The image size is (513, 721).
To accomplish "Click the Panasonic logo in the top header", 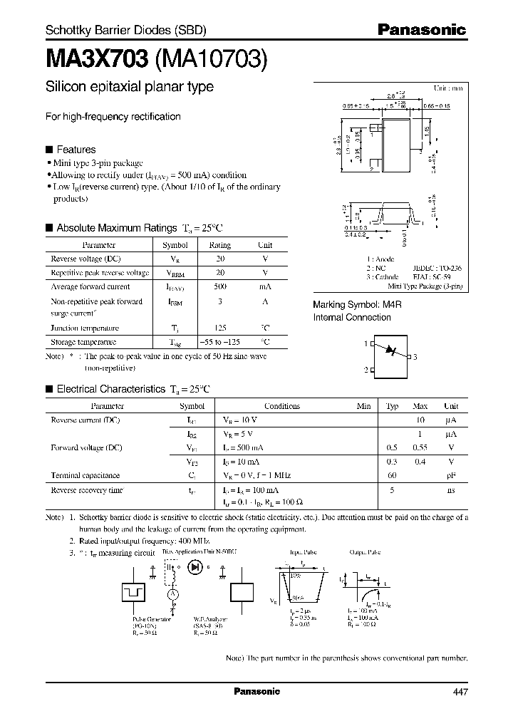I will tap(420, 29).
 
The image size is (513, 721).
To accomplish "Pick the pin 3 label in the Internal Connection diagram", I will tap(415, 356).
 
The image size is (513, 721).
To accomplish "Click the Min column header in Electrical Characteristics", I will tap(363, 406).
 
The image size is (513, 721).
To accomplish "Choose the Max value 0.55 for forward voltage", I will tap(420, 447).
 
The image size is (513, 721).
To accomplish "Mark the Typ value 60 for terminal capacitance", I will tap(392, 474).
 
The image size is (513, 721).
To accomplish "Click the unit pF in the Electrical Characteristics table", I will tap(450, 474).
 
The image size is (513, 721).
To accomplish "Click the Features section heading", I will tap(76, 150).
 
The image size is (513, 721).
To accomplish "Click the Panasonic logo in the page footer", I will tap(257, 692).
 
